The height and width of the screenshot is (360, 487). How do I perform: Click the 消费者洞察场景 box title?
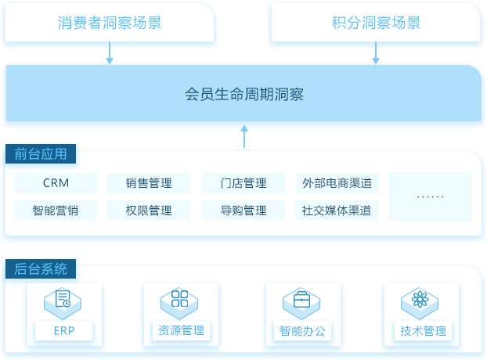point(110,23)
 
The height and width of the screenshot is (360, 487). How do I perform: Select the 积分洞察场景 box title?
point(376,23)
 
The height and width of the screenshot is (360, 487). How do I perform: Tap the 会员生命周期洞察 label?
point(244,94)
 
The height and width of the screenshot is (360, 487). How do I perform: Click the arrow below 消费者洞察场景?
point(110,52)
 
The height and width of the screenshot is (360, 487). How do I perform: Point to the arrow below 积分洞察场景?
point(376,52)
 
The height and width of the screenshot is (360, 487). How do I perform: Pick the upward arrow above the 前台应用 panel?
point(244,136)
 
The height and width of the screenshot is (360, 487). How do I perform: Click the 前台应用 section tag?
point(41,153)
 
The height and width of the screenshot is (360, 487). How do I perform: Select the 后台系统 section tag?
point(41,268)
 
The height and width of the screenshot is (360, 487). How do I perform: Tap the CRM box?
point(56,183)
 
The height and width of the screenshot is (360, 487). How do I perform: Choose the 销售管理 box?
point(149,183)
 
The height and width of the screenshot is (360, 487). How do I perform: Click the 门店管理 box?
point(243,183)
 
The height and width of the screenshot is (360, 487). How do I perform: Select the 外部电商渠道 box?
point(337,183)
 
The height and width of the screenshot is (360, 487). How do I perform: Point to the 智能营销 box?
point(56,211)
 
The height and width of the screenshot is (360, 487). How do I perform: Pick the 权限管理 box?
point(149,211)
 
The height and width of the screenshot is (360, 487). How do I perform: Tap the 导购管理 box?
point(243,211)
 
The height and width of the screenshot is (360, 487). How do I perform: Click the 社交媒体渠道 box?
point(337,211)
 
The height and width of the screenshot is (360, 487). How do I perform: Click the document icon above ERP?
point(63,298)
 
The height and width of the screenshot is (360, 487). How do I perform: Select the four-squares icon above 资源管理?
point(180,298)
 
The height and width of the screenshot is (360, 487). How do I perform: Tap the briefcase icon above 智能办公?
point(301,299)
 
